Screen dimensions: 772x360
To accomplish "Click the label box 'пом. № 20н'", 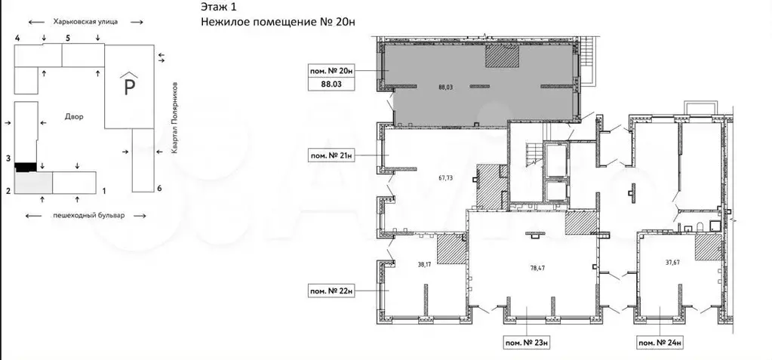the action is pyautogui.click(x=331, y=71).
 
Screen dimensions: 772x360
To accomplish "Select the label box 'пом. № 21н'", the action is pyautogui.click(x=331, y=155).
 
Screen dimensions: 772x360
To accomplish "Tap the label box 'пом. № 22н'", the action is pyautogui.click(x=331, y=291).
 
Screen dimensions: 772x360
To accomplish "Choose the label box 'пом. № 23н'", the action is pyautogui.click(x=526, y=343).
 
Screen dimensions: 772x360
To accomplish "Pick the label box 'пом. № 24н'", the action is pyautogui.click(x=661, y=343).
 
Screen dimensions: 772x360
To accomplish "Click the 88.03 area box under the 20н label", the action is pyautogui.click(x=331, y=85).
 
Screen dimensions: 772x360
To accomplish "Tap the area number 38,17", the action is pyautogui.click(x=424, y=264).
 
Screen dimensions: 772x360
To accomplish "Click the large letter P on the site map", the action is pyautogui.click(x=130, y=88).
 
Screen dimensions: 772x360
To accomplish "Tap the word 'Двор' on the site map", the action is pyautogui.click(x=75, y=117).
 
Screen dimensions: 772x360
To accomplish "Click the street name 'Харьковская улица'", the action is pyautogui.click(x=86, y=22).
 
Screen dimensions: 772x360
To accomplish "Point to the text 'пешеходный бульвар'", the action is pyautogui.click(x=86, y=215).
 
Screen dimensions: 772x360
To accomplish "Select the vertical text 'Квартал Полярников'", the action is pyautogui.click(x=174, y=118).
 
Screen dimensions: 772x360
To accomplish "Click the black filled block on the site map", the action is pyautogui.click(x=26, y=167).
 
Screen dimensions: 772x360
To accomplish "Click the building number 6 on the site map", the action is pyautogui.click(x=159, y=188).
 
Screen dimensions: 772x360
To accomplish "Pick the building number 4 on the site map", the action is pyautogui.click(x=17, y=38).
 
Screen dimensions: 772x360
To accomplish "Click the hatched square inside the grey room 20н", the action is pyautogui.click(x=502, y=56).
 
